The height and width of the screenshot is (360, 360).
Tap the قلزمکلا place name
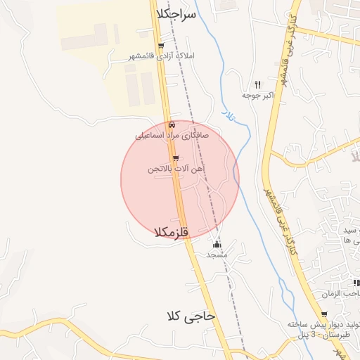point(172,232)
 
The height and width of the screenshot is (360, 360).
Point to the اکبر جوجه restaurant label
point(257,94)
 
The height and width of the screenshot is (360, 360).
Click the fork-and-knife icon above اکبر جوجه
point(257,84)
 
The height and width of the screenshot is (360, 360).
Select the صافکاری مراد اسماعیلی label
point(173,134)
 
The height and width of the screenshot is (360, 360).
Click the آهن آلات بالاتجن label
point(176,169)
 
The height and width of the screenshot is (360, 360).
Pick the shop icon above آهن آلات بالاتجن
point(176,158)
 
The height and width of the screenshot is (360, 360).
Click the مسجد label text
point(217,255)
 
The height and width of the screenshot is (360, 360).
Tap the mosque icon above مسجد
point(217,245)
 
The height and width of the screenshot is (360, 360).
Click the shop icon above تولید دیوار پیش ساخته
point(323,314)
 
